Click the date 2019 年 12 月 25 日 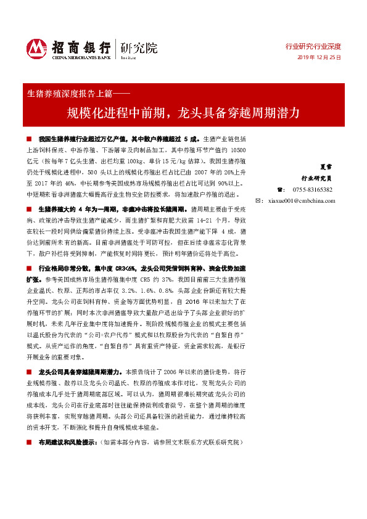pyautogui.click(x=320, y=57)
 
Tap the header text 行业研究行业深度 pyautogui.click(x=313, y=47)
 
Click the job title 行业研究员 pyautogui.click(x=320, y=178)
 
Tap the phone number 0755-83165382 pyautogui.click(x=312, y=190)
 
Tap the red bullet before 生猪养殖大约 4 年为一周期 pyautogui.click(x=28, y=210)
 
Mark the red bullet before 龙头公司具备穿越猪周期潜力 pyautogui.click(x=28, y=372)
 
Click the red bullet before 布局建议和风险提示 pyautogui.click(x=28, y=443)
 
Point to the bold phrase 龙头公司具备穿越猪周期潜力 pyautogui.click(x=80, y=372)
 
